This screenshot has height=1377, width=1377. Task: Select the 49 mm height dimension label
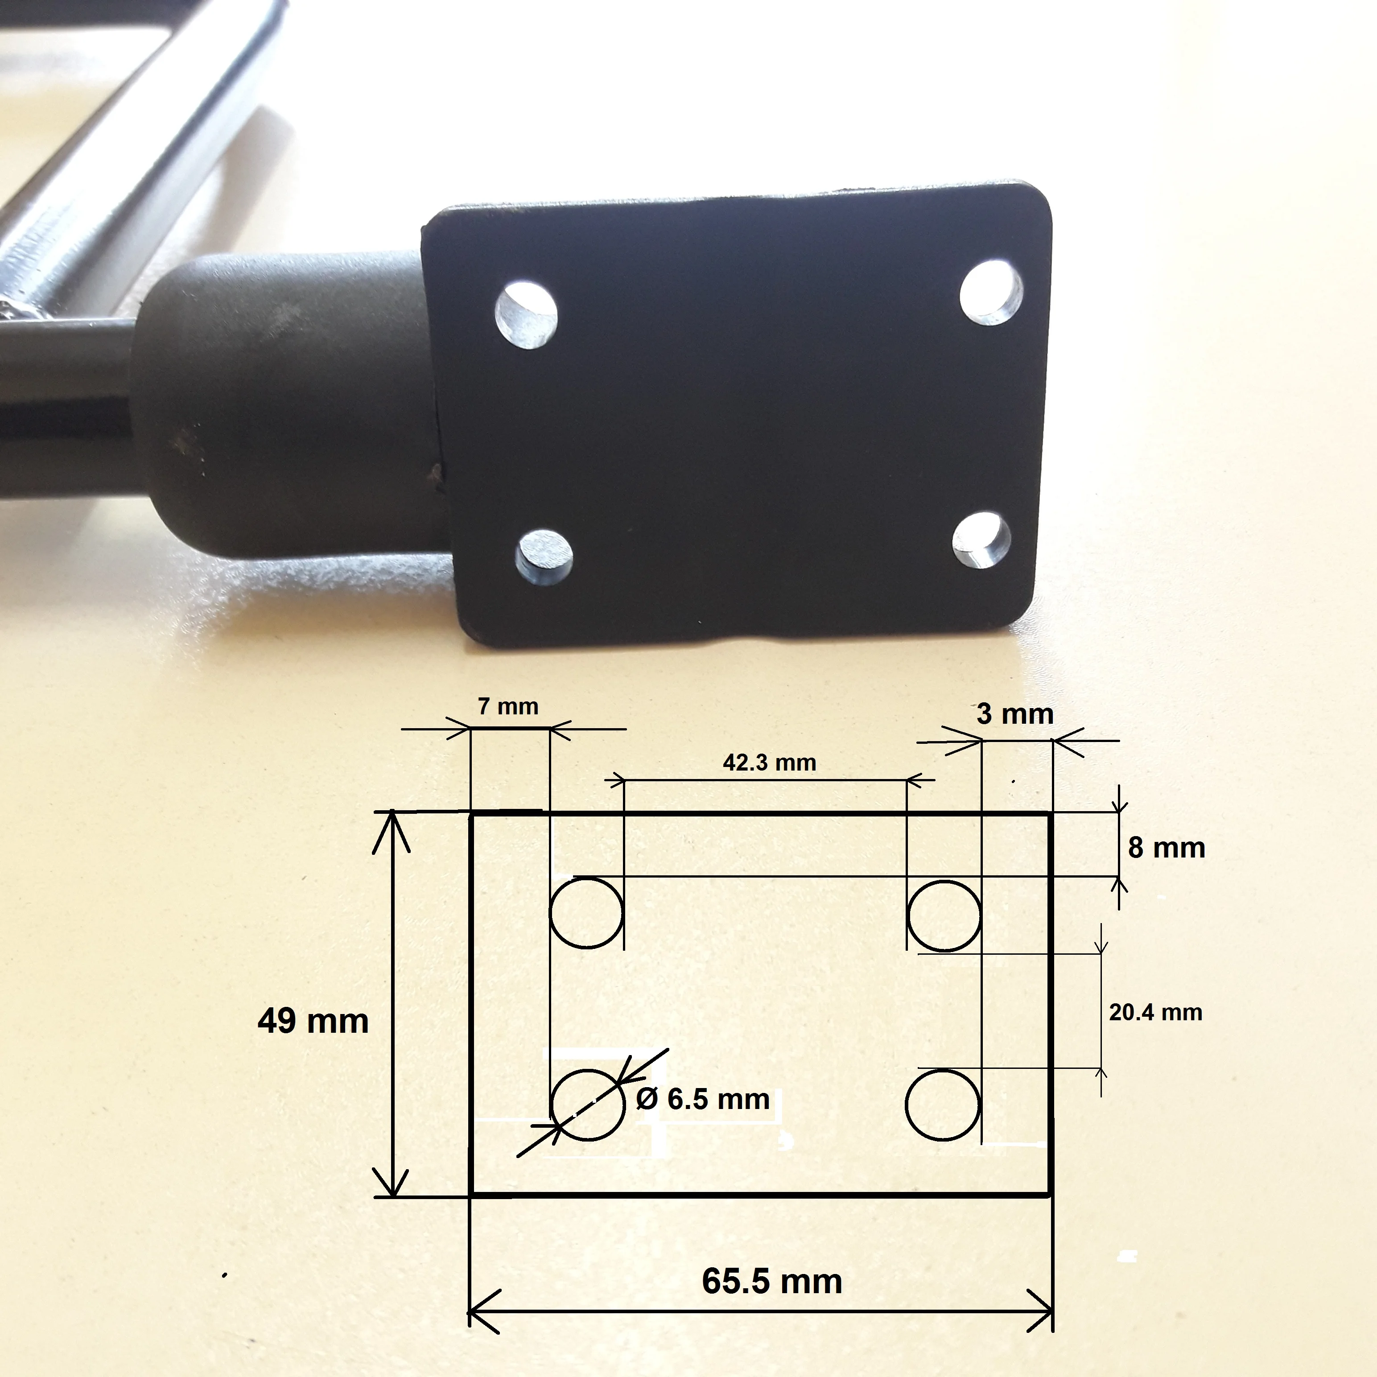click(313, 1021)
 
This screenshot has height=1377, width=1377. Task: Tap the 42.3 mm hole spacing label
click(769, 763)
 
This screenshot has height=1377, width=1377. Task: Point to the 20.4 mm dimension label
click(1155, 1012)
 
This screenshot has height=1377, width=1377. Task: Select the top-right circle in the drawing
click(944, 882)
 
